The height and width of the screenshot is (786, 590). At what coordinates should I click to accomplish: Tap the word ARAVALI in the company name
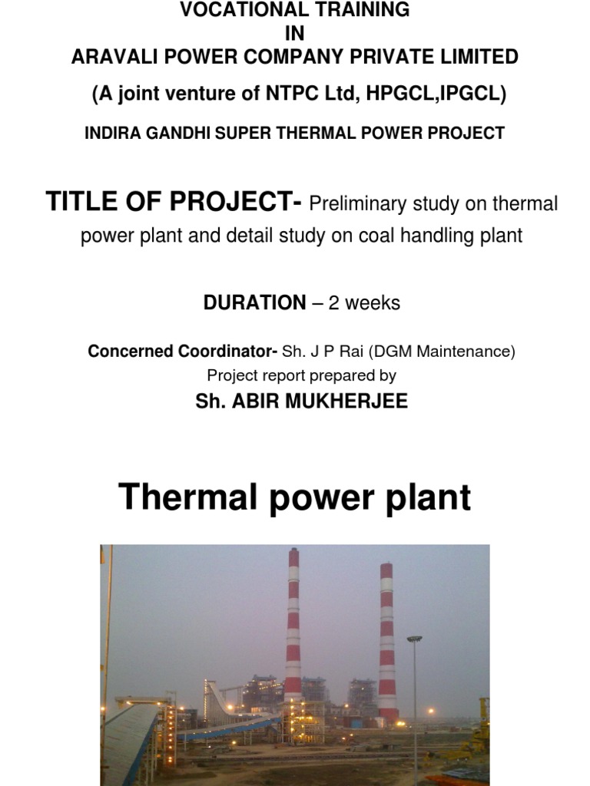tap(110, 57)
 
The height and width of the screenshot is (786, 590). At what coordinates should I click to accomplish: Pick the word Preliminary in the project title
tap(359, 205)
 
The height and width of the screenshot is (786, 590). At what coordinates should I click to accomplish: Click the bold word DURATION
tap(254, 302)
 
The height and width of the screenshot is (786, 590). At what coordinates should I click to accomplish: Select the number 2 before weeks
tap(333, 302)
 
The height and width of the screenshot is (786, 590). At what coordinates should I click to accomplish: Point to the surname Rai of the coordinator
tap(347, 352)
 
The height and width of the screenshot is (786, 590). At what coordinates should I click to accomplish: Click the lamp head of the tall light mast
tap(415, 639)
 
